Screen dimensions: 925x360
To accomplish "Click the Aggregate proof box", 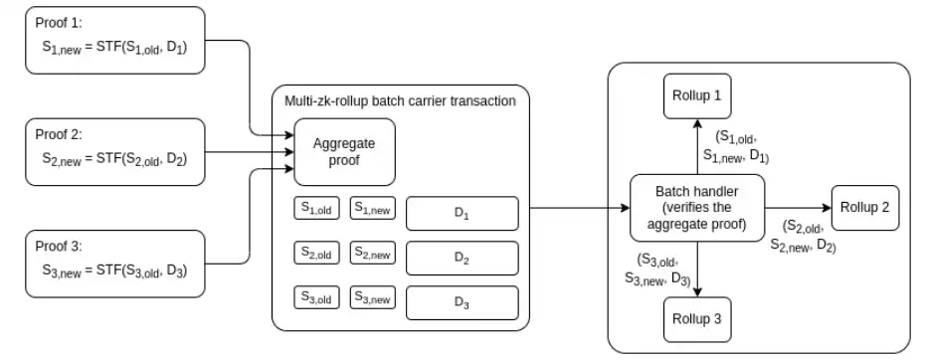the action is coord(344,152).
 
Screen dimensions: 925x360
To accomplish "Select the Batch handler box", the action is coord(697,208).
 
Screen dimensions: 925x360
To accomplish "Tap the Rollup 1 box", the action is coord(697,96).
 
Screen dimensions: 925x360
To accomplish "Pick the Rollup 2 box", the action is coord(865,208).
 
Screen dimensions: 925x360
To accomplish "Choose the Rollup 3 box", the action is coord(697,319).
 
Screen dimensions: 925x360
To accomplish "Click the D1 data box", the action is coord(462,214).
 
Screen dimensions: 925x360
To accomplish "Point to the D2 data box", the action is coord(462,258).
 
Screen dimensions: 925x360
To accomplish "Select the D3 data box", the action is coord(462,302).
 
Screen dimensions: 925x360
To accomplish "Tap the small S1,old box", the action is coord(317,208).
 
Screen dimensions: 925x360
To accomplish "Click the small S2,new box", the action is coord(373,253).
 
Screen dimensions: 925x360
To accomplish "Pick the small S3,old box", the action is coord(317,297).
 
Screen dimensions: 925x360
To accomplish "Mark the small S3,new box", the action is coord(373,297).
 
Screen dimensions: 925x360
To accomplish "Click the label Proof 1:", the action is coord(59,23).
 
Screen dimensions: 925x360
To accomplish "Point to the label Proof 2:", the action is coord(59,134).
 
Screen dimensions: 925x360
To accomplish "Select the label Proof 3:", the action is coord(59,246).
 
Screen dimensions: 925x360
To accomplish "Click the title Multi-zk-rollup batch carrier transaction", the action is coord(400,100).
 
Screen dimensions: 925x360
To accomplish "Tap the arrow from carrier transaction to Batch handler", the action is coord(580,208).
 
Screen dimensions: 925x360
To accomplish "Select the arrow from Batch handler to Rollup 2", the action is coord(798,208).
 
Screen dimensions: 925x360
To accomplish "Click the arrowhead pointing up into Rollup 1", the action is coord(697,122).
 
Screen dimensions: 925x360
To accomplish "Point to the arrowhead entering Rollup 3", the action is coord(697,292).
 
